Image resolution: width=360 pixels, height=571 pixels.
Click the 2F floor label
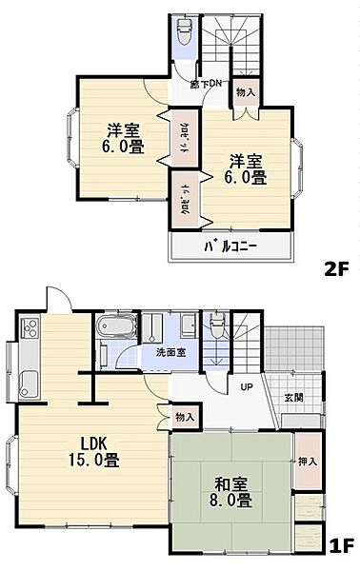coord(336,269)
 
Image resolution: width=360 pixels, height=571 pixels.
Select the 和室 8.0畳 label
coord(230,489)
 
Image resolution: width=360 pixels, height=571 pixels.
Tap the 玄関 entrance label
coord(293,397)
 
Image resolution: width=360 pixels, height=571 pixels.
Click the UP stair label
coord(246,387)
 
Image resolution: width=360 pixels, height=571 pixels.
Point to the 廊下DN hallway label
coord(208,83)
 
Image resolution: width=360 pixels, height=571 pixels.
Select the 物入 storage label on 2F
coord(245,92)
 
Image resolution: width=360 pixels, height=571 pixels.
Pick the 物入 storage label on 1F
coord(185,416)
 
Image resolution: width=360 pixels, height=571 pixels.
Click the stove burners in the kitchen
coord(28,331)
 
